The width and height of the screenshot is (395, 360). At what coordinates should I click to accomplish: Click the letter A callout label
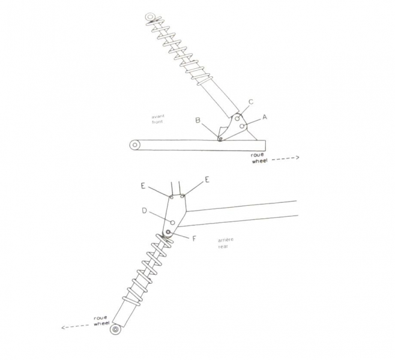265,117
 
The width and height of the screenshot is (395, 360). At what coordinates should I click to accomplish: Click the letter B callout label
198,121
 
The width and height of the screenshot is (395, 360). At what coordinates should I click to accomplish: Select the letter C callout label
251,102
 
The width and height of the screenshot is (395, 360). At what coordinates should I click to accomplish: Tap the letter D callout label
144,211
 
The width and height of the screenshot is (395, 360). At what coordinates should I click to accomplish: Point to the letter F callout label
194,238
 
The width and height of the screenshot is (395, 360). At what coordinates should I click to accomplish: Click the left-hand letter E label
143,186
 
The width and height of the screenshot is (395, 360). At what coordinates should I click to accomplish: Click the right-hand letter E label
207,180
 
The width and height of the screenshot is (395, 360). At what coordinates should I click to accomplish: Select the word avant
158,116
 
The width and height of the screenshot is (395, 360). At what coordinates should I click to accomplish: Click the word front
157,122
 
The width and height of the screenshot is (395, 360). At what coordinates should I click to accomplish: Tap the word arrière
226,239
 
